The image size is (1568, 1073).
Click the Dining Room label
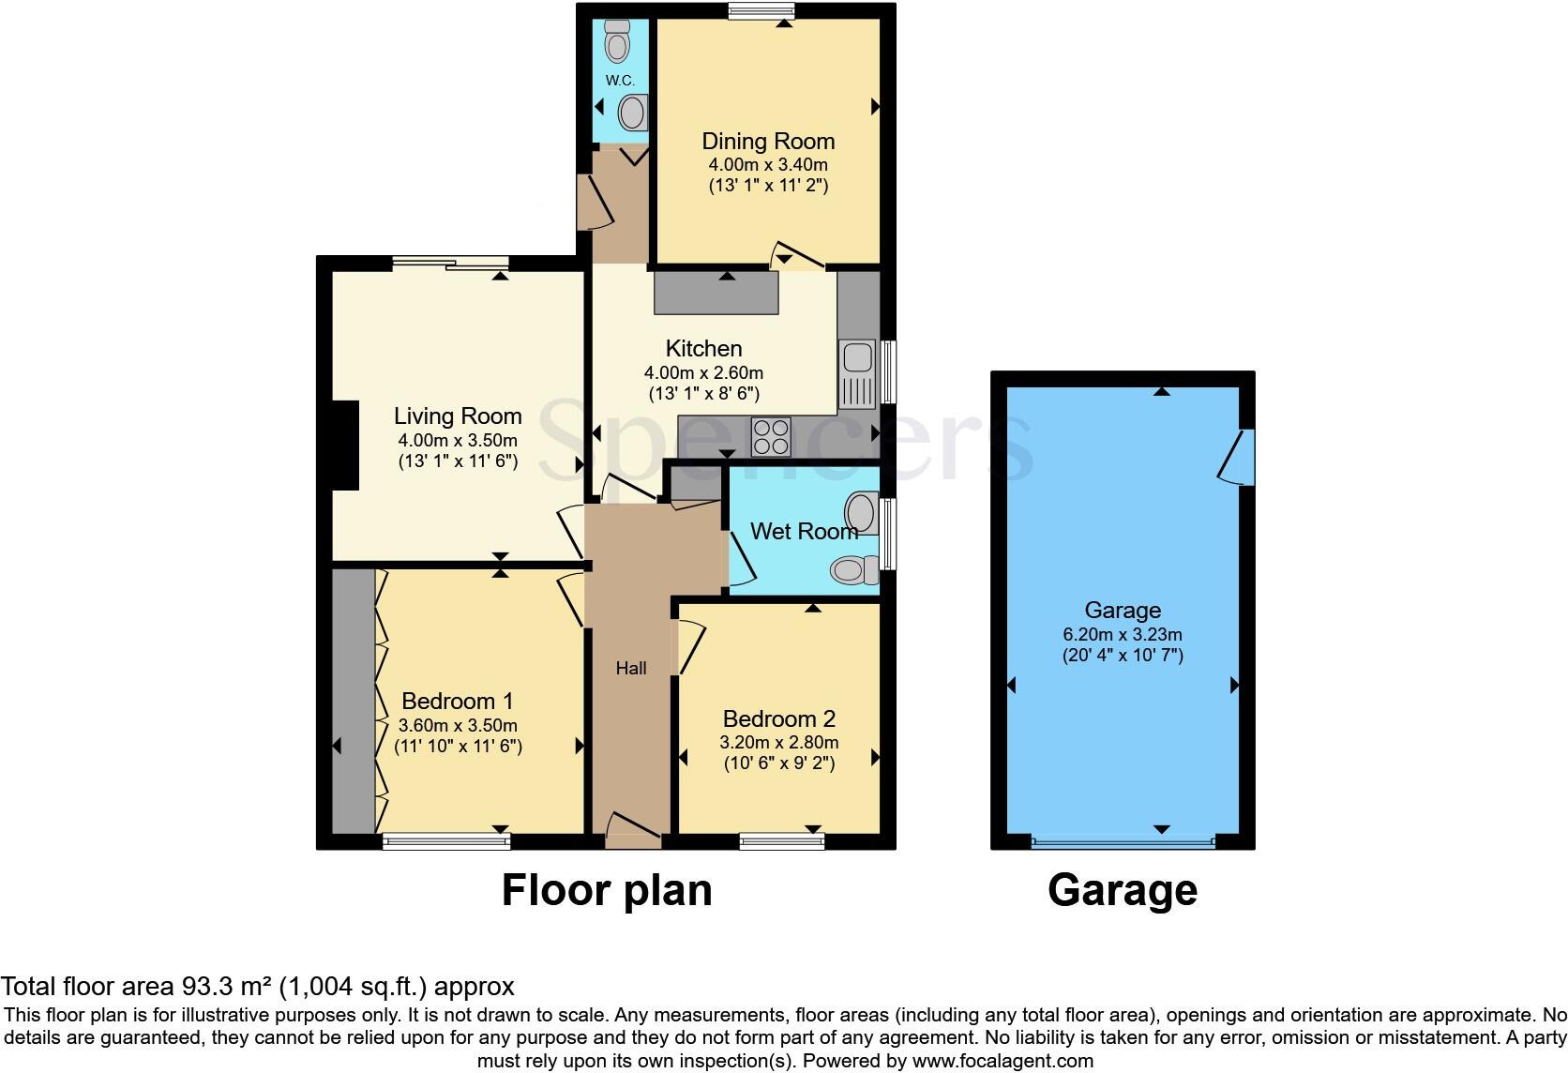(x=768, y=142)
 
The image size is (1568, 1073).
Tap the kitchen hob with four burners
(x=771, y=436)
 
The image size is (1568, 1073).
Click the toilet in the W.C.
(x=617, y=41)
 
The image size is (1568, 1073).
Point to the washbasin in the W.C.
(x=633, y=113)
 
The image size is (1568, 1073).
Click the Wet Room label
(x=804, y=532)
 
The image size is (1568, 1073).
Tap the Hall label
(x=631, y=668)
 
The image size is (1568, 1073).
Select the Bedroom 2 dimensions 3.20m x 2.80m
(x=778, y=742)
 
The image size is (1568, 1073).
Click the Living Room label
(x=458, y=416)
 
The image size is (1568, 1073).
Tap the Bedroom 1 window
(x=446, y=841)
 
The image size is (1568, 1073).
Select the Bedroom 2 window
(x=781, y=841)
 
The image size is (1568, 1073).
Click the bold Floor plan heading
(x=607, y=889)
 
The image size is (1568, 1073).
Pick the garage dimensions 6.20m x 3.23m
(x=1122, y=633)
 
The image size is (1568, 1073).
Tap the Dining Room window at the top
(x=761, y=10)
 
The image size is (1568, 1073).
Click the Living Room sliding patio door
(x=450, y=263)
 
